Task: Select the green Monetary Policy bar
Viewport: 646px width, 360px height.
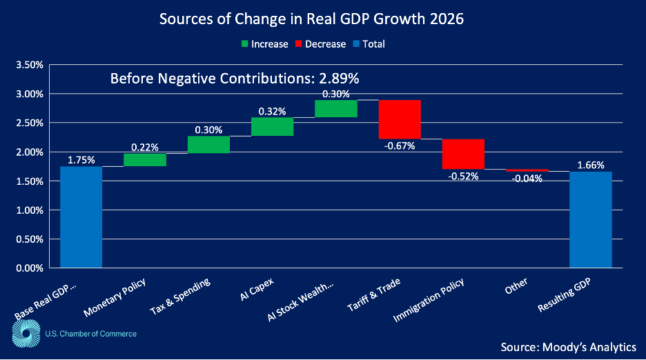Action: pos(145,160)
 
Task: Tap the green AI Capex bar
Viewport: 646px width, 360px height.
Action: pos(272,127)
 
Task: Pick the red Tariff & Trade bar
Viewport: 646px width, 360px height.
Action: pos(400,119)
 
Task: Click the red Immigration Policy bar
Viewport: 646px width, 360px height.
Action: pos(463,154)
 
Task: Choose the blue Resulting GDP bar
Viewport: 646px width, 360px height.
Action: pos(591,219)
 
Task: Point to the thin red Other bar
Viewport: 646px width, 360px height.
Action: pos(527,170)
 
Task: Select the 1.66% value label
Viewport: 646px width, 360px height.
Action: pos(591,166)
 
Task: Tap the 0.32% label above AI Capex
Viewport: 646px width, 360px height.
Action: pos(272,111)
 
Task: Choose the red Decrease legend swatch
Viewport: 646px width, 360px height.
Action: pos(300,44)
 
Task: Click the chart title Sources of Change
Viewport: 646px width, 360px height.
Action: pos(311,19)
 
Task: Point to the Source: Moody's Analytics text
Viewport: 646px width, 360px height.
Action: pos(569,346)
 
